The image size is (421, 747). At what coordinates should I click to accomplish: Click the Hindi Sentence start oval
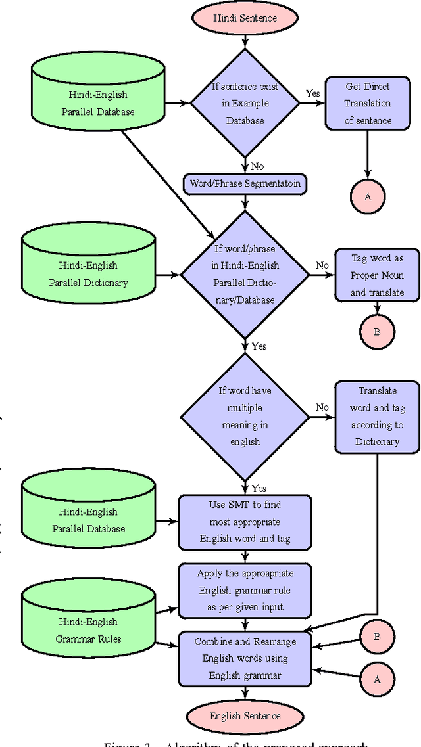click(245, 18)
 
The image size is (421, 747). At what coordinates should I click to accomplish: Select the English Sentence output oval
click(245, 716)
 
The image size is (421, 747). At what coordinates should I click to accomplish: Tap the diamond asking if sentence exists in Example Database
click(245, 103)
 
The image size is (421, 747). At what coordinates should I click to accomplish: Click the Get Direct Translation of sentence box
click(368, 103)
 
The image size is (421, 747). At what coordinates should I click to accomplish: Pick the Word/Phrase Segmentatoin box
click(245, 183)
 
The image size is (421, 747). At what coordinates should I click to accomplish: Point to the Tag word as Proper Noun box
click(377, 275)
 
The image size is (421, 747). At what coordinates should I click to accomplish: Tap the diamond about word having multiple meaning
click(245, 417)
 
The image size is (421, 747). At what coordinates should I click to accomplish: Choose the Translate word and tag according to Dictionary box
click(377, 417)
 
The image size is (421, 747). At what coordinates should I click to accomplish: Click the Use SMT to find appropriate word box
click(245, 522)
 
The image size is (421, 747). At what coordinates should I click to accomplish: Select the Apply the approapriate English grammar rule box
click(245, 590)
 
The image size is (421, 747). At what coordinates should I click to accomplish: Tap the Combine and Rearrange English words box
click(245, 658)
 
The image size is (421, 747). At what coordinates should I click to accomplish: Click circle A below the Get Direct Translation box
click(368, 196)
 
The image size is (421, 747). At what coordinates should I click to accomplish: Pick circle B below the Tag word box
click(377, 332)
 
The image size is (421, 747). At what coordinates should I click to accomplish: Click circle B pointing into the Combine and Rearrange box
click(377, 636)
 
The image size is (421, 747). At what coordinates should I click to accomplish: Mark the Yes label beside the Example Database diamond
click(313, 93)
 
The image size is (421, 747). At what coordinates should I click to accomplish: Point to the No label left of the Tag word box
click(322, 265)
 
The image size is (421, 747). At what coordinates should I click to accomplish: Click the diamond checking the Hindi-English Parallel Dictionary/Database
click(245, 275)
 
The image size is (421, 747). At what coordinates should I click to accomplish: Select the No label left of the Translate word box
click(322, 407)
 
